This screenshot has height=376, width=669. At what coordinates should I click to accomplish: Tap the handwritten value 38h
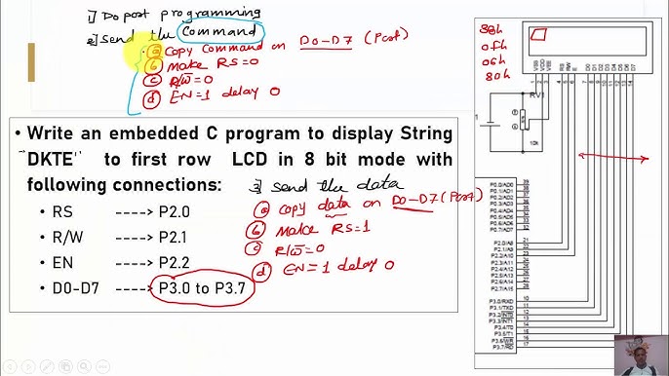[493, 30]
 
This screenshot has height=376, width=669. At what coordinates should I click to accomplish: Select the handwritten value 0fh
[493, 45]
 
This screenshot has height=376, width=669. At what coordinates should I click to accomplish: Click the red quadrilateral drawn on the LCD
[537, 36]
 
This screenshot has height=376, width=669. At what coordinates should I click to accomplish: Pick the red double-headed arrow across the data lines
[610, 156]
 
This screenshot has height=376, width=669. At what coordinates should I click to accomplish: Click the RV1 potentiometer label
[537, 95]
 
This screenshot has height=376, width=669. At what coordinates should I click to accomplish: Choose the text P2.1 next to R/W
[175, 238]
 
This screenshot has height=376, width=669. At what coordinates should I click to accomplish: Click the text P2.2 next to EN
[175, 263]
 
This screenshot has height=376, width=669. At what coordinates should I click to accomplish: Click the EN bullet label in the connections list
[61, 263]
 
